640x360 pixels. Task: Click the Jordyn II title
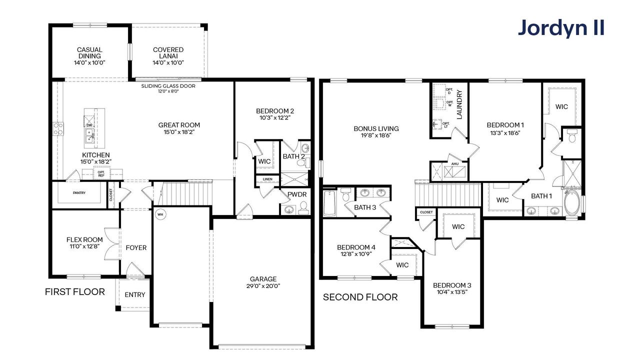(x=561, y=28)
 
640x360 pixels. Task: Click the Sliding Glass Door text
(x=168, y=86)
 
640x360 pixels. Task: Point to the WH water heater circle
(x=160, y=214)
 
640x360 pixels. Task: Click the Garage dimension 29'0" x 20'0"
(x=263, y=286)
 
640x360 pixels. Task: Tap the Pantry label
(x=79, y=192)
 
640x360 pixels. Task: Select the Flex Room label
(x=84, y=239)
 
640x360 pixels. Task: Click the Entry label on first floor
(x=134, y=294)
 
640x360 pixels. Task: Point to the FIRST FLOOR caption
(x=75, y=292)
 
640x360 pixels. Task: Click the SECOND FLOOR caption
(x=360, y=297)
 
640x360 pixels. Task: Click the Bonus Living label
(x=376, y=128)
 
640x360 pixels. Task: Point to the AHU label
(x=454, y=164)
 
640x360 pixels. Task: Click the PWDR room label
(x=296, y=194)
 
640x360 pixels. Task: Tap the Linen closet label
(x=267, y=179)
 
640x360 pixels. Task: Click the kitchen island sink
(x=90, y=134)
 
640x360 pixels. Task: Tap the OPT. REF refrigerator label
(x=101, y=173)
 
